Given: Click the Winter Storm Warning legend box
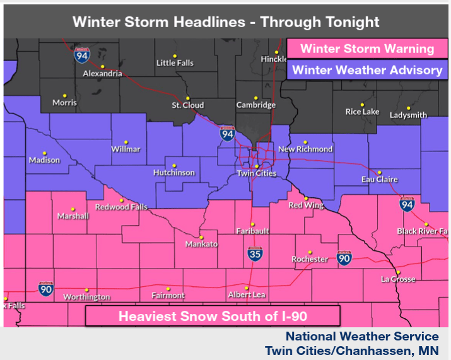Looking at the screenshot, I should point(367,49).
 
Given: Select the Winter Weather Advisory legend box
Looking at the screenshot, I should point(367,70).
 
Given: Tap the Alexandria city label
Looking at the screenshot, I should point(103,74).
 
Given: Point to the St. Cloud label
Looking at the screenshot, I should point(188,105).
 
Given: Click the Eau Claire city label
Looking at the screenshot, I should point(379,180).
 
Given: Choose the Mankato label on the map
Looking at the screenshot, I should point(201,244).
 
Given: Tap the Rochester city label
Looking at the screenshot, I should point(310,259).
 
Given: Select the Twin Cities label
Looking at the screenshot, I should point(256,173).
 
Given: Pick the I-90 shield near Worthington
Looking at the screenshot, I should point(45,289).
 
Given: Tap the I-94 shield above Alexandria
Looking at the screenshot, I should point(81,55).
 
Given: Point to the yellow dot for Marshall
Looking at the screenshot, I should point(73,209).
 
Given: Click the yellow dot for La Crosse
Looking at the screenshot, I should point(398,272).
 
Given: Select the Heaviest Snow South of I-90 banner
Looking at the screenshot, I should point(213,316).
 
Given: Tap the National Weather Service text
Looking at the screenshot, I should point(361,337).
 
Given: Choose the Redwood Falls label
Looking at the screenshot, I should point(121,207).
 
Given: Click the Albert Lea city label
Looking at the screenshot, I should point(247,295).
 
